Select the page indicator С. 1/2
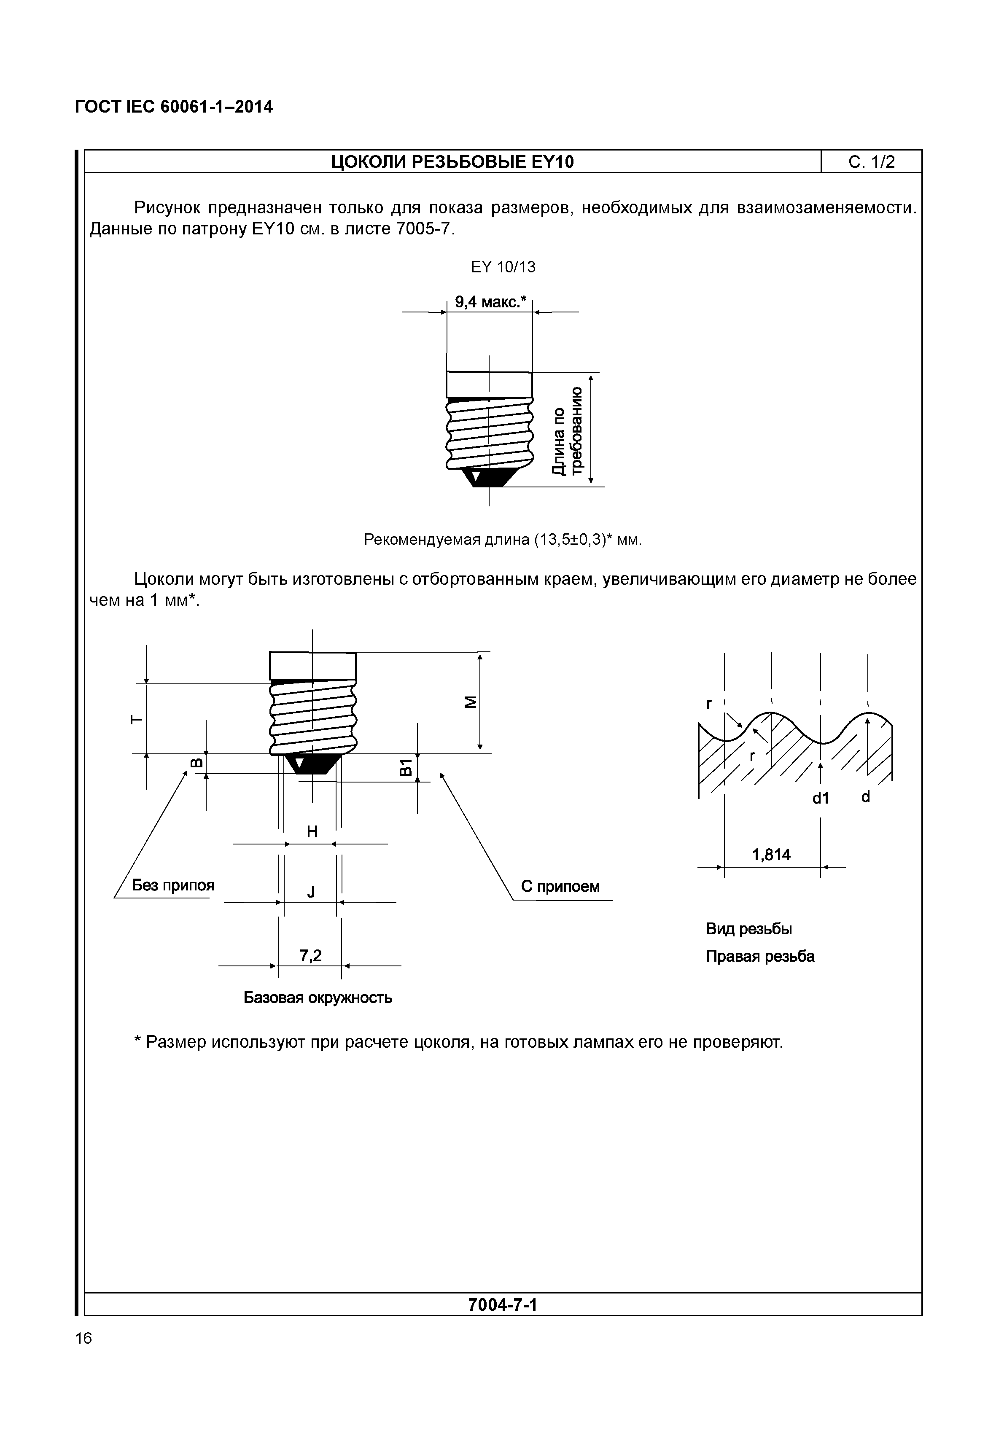pos(871,162)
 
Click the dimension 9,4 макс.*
pos(490,303)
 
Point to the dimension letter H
pos(312,832)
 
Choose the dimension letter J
pos(311,893)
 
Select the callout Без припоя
pos(173,885)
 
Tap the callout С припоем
pos(560,887)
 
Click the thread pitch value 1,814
pos(771,855)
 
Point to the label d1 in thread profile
pos(820,798)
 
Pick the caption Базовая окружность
pos(318,998)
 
